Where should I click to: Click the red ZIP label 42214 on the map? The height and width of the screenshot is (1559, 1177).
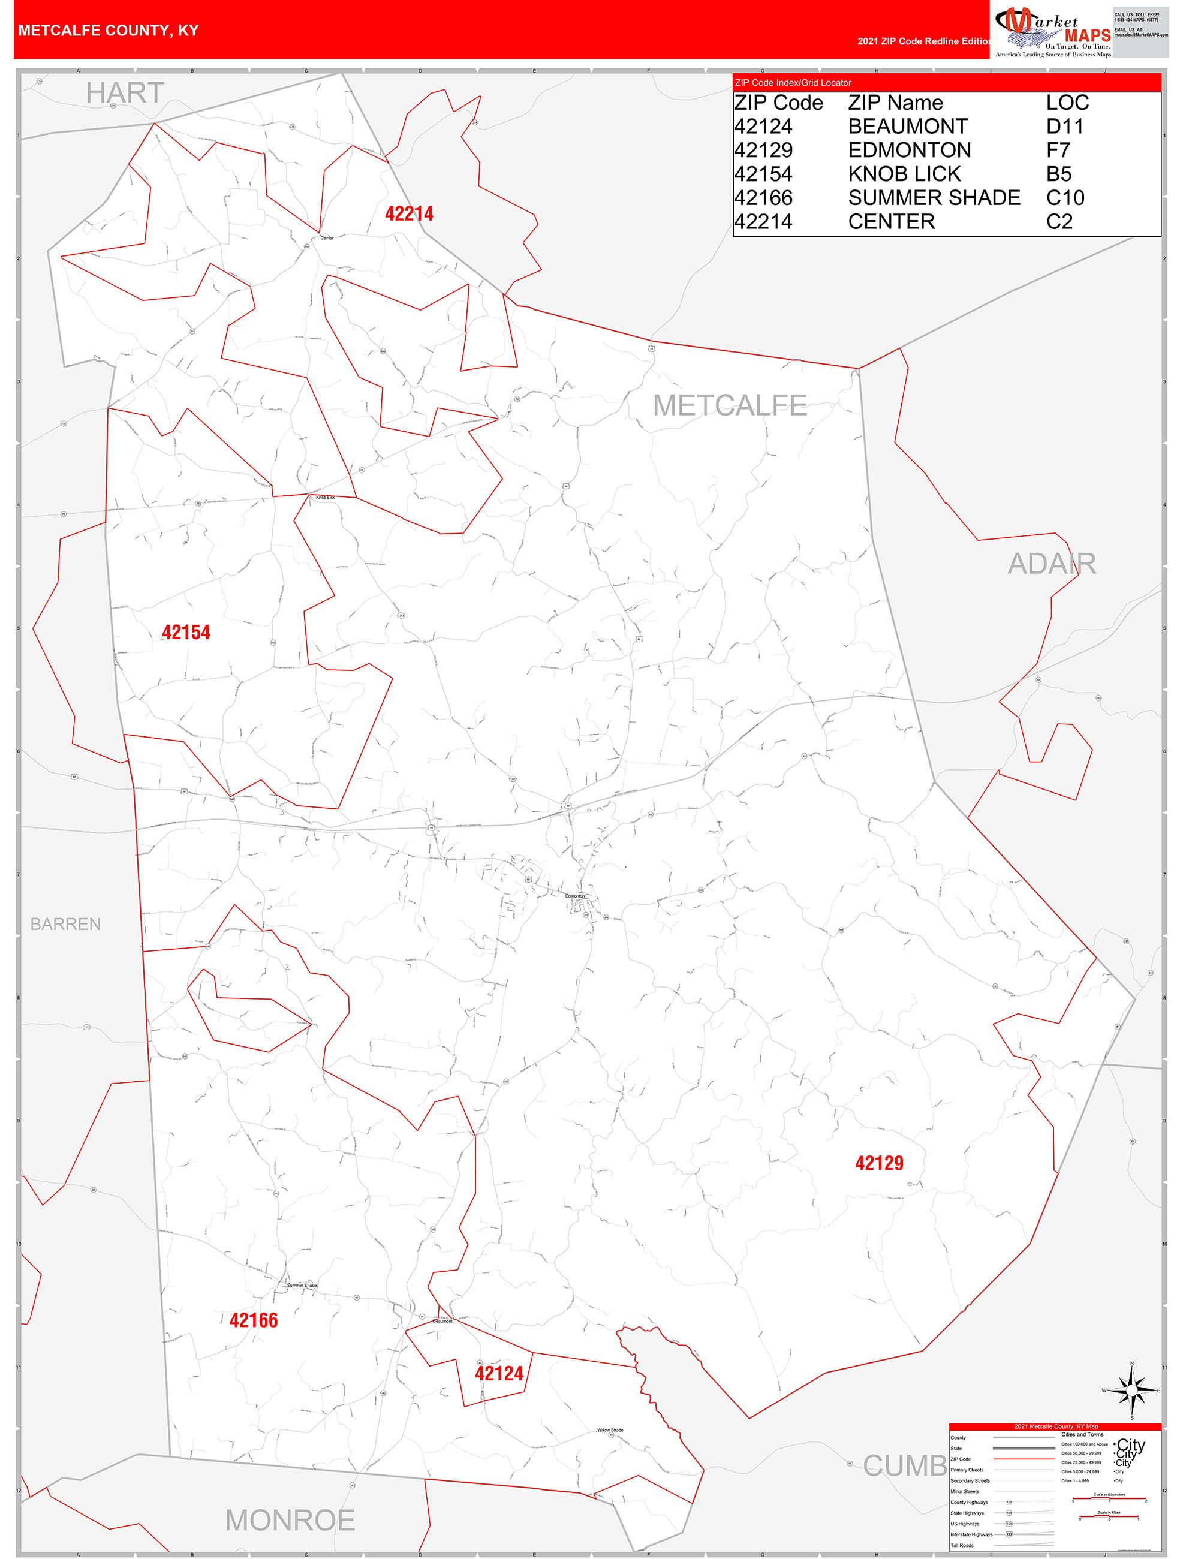[x=409, y=213]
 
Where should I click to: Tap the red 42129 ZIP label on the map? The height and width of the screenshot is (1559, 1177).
[x=879, y=1164]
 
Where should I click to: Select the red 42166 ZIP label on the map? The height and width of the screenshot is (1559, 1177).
[x=254, y=1320]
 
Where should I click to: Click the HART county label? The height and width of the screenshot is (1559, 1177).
[x=125, y=93]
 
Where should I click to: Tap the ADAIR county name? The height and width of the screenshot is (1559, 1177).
[x=1052, y=564]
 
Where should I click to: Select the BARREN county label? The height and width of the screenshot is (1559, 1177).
[x=65, y=924]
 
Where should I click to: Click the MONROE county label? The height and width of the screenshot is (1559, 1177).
[x=290, y=1520]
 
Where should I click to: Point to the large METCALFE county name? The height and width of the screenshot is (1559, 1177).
[x=730, y=405]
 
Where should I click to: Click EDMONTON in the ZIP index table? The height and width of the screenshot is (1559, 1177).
[x=909, y=150]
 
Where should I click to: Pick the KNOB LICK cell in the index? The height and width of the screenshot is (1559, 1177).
[x=904, y=174]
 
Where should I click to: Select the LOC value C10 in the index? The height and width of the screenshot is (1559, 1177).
[x=1065, y=198]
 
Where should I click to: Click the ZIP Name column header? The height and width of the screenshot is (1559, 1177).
[x=895, y=103]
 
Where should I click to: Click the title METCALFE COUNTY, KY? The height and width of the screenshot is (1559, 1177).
[x=109, y=31]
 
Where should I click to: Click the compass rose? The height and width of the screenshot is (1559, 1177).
[x=1131, y=1391]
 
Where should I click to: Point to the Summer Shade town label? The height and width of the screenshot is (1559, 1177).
[x=302, y=1285]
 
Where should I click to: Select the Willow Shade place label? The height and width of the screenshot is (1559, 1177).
[x=610, y=1430]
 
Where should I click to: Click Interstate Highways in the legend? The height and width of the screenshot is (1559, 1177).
[x=971, y=1534]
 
